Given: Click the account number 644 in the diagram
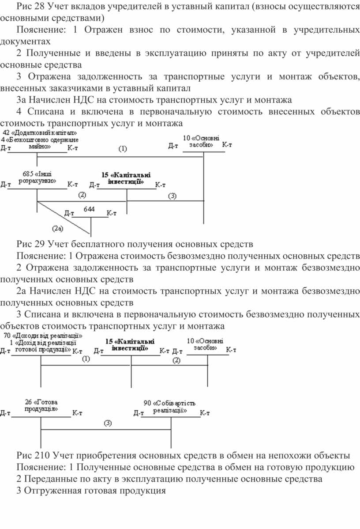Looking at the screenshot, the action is pos(89,209).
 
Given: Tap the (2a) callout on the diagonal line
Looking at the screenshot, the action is pos(58,229).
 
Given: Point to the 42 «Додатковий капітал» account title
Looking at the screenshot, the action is pos(40,133).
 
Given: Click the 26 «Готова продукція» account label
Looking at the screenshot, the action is pos(41,405).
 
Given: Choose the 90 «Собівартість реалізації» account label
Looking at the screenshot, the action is pos(169,407).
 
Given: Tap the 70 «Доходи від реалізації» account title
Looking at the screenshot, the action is pos(43,336).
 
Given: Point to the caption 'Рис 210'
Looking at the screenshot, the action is pos(34,455).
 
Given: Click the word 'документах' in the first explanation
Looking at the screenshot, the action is pos(25,42).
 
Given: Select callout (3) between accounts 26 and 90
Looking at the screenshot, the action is pos(108,423).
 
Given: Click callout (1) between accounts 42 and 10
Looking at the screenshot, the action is pos(123,148).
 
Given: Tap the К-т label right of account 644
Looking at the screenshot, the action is pos(112,213).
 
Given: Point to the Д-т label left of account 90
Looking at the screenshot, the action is pos(139,413).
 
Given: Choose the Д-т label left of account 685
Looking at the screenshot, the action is pos(5,185).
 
